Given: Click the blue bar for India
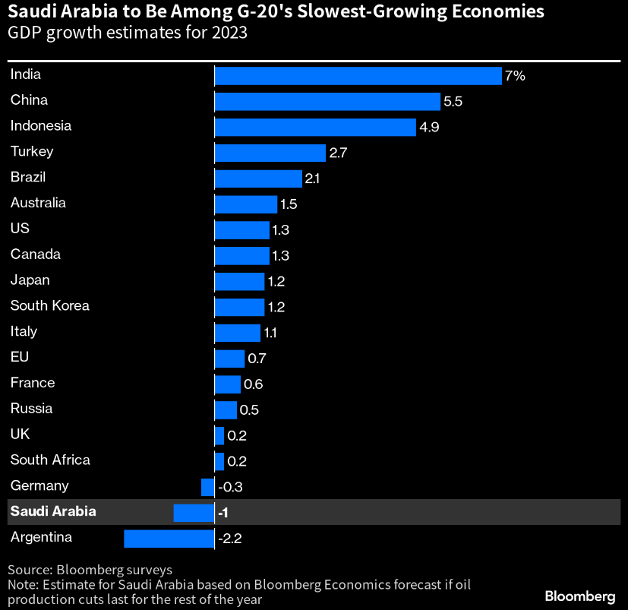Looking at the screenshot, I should click(x=358, y=75).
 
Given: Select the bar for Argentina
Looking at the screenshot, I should click(x=169, y=539).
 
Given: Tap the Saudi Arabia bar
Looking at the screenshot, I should click(x=194, y=513).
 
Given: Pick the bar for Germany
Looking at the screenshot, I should click(x=207, y=487).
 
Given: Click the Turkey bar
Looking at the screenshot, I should click(x=270, y=153).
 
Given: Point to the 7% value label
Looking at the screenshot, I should click(x=515, y=76).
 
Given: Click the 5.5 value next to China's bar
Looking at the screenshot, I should click(x=453, y=102).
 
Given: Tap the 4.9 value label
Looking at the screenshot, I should click(x=429, y=128).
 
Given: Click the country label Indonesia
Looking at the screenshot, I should click(x=41, y=126).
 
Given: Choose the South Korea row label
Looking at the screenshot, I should click(x=50, y=306).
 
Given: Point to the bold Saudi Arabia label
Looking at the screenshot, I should click(x=53, y=512).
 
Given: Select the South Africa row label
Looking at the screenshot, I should click(x=50, y=460).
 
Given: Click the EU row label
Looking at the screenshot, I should click(x=20, y=357).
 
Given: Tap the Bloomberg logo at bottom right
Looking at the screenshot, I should click(x=579, y=596).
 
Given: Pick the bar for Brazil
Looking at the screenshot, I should click(x=258, y=179).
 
